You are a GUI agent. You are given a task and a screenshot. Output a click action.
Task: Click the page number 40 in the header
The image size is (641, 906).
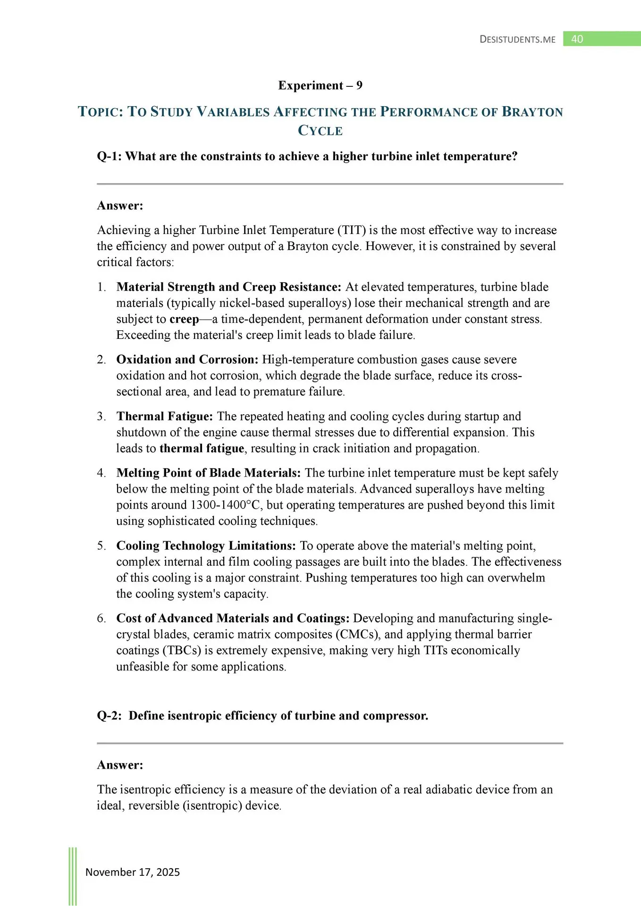point(577,39)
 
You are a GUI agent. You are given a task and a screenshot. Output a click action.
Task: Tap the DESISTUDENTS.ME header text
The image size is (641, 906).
point(517,40)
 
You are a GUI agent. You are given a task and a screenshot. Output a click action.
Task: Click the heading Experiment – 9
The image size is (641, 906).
point(320,85)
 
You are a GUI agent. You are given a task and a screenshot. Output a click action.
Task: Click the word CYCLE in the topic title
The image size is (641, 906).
point(320,131)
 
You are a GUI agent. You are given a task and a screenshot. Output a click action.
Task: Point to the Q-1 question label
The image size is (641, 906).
point(109,156)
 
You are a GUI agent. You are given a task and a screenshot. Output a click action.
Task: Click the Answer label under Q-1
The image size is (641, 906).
point(120,206)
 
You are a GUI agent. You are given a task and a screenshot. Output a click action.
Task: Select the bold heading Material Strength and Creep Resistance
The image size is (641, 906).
point(228,287)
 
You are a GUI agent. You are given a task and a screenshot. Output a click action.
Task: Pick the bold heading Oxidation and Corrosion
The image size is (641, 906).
point(187,360)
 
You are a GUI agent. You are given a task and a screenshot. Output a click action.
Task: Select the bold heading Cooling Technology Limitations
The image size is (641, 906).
point(206,545)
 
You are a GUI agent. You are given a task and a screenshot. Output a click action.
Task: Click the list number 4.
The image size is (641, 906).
point(101,473)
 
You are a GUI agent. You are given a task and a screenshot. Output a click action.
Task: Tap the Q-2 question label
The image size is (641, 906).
point(109,716)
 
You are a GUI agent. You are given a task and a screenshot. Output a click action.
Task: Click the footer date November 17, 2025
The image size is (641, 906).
point(133,872)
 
